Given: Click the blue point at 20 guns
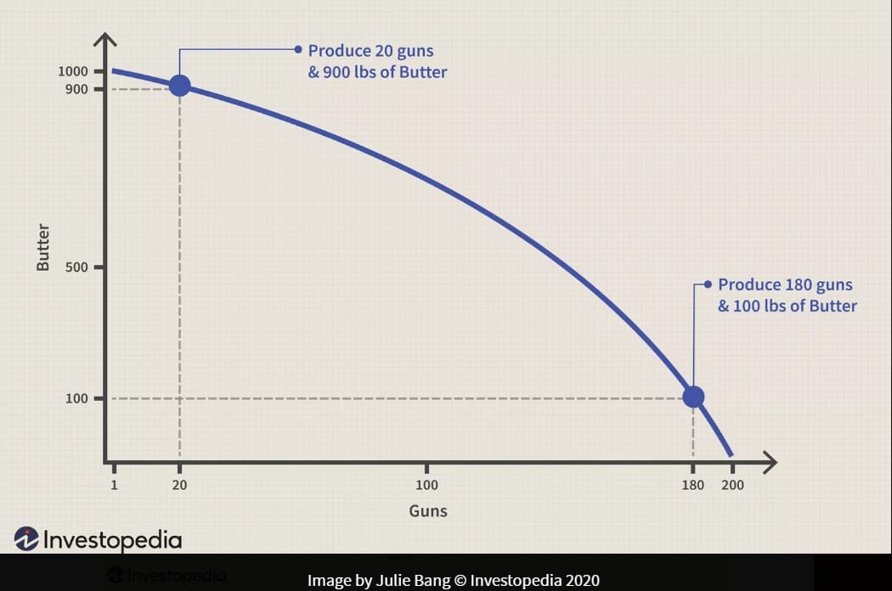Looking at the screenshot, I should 179,85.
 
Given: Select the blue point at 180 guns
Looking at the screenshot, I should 693,397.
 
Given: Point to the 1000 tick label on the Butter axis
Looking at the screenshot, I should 72,71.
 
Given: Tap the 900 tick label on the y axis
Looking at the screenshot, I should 76,89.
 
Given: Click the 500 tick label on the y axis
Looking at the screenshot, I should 76,267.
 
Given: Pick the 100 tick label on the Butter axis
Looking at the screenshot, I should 76,398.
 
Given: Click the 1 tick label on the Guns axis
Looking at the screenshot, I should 113,486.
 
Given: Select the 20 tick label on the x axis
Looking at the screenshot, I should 179,486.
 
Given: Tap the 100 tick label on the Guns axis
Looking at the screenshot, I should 426,486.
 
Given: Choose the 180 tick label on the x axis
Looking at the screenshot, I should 693,486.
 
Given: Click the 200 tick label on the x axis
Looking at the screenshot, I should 731,486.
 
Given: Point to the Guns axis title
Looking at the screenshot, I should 428,511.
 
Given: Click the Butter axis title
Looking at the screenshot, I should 43,248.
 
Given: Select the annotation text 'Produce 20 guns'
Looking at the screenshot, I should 370,51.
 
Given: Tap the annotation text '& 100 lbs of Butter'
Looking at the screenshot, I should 788,306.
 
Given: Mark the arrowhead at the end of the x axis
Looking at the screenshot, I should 770,463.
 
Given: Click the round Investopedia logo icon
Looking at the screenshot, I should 26,539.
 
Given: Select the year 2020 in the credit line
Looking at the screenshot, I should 582,581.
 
